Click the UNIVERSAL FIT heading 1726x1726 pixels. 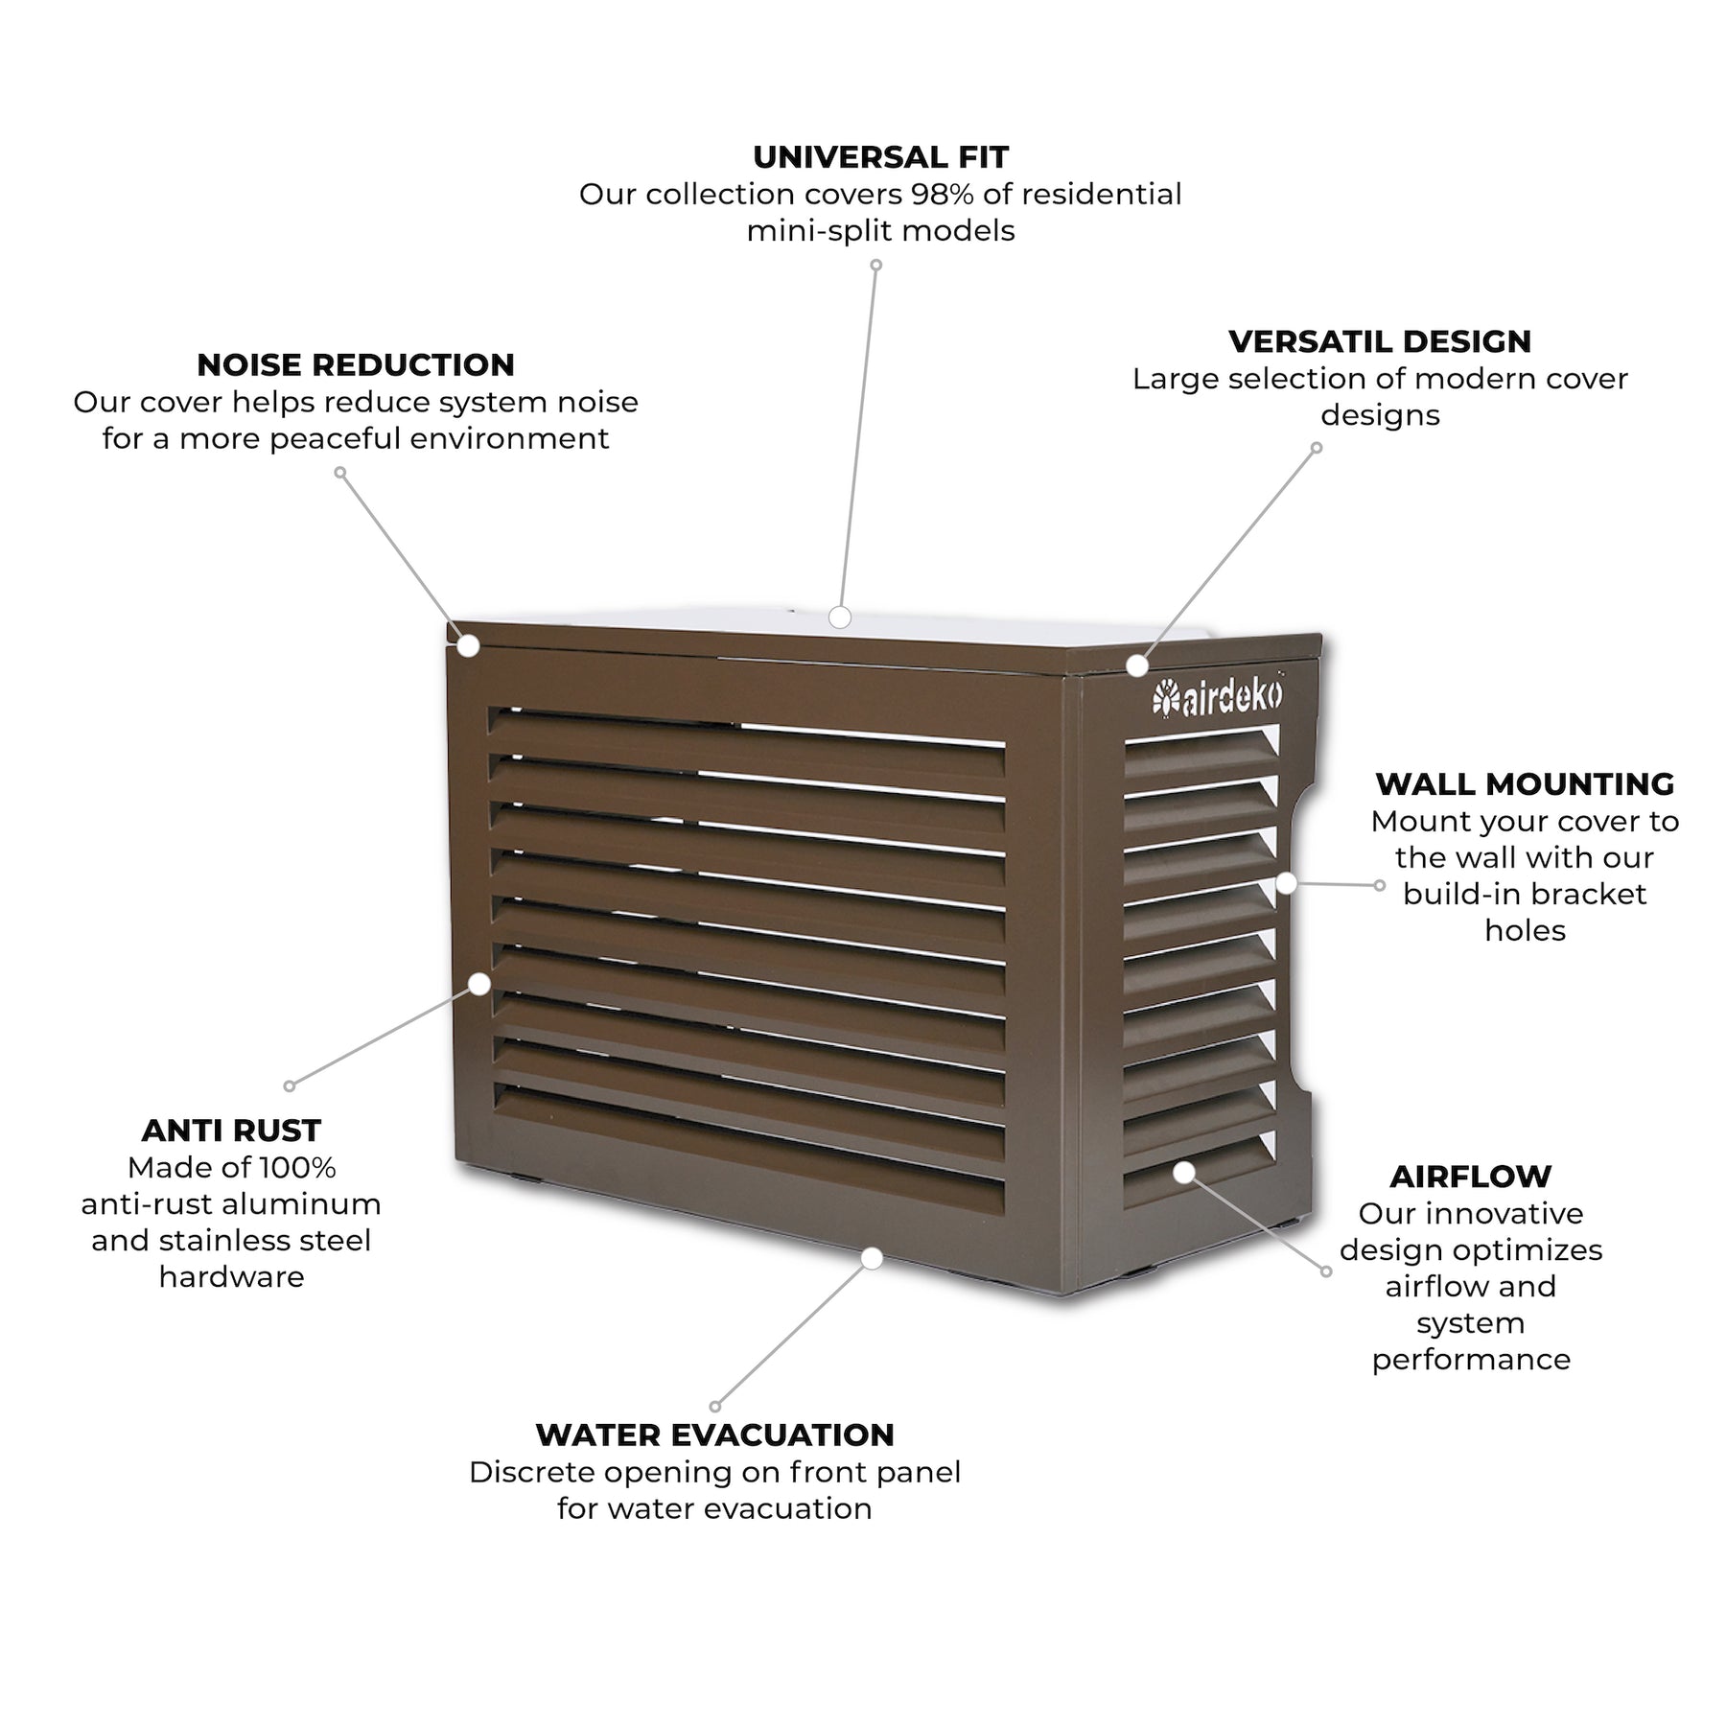point(880,156)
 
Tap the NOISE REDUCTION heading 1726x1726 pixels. point(356,364)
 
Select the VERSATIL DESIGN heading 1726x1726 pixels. point(1380,341)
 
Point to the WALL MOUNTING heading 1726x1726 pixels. point(1525,783)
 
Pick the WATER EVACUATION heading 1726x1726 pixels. point(714,1434)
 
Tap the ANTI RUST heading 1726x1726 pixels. point(231,1131)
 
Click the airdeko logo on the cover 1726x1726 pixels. point(1218,698)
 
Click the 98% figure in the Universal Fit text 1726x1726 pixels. point(942,195)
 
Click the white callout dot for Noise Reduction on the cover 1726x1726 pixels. point(468,646)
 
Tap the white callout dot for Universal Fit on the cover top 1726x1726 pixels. point(840,617)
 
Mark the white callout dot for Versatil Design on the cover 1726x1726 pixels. point(1137,665)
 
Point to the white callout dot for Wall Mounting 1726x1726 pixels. point(1286,883)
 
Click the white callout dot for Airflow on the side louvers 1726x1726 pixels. point(1184,1172)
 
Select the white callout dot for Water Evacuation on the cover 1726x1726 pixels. point(872,1258)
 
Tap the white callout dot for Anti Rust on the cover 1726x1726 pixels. point(479,984)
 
